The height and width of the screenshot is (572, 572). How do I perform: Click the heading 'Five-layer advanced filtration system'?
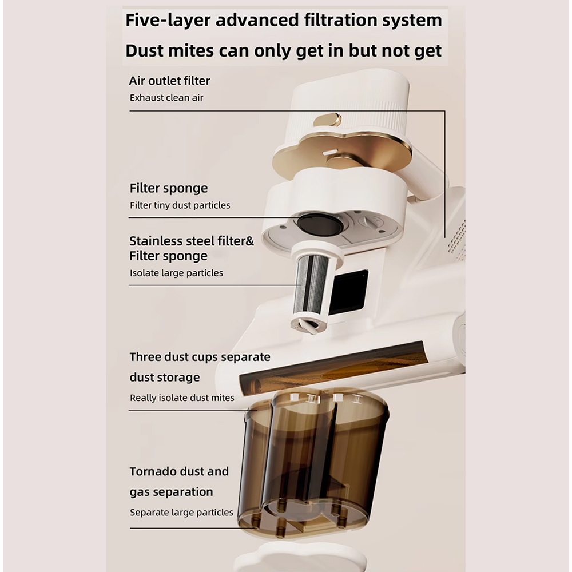point(284,21)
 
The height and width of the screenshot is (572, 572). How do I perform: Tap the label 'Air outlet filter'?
point(169,81)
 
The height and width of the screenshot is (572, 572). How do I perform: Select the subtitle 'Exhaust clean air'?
point(166,98)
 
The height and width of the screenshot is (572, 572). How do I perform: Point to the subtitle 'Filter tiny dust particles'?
point(180,205)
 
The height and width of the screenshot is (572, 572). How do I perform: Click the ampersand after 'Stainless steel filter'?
point(249,241)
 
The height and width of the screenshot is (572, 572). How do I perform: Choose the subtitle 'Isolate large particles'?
point(176,273)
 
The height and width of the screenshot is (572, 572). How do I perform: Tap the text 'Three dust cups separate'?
point(200,357)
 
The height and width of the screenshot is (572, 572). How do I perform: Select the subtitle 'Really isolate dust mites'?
point(182,398)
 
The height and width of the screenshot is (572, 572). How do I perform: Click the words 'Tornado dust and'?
point(179,471)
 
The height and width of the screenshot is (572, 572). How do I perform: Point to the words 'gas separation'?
point(171,492)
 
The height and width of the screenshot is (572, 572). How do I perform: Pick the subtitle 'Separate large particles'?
point(181,512)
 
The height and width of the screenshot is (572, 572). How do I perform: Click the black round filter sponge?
point(320,225)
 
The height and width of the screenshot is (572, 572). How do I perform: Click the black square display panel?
point(349,292)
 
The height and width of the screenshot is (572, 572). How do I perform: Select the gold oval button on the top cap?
point(327,120)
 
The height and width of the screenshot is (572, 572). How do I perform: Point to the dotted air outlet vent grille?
point(456,238)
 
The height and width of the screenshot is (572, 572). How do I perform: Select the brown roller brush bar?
point(333,369)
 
